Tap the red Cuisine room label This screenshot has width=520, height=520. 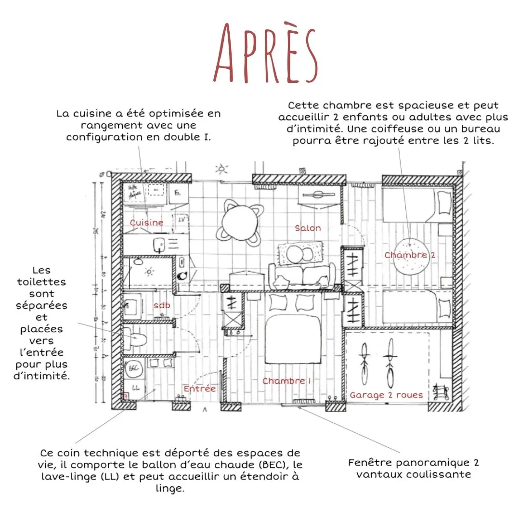point(146,222)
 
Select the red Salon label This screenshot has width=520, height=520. point(308,228)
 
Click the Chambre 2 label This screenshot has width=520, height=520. point(409,255)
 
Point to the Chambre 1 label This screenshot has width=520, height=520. point(286,381)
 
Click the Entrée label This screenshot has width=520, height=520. point(199,389)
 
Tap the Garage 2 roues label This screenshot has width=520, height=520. point(386,395)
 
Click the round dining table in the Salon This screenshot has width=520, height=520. point(239,222)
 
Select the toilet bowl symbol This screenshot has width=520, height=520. point(135,338)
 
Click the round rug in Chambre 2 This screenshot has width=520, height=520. point(410,258)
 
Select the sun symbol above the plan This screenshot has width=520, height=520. point(221,169)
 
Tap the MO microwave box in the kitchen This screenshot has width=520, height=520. point(156,190)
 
